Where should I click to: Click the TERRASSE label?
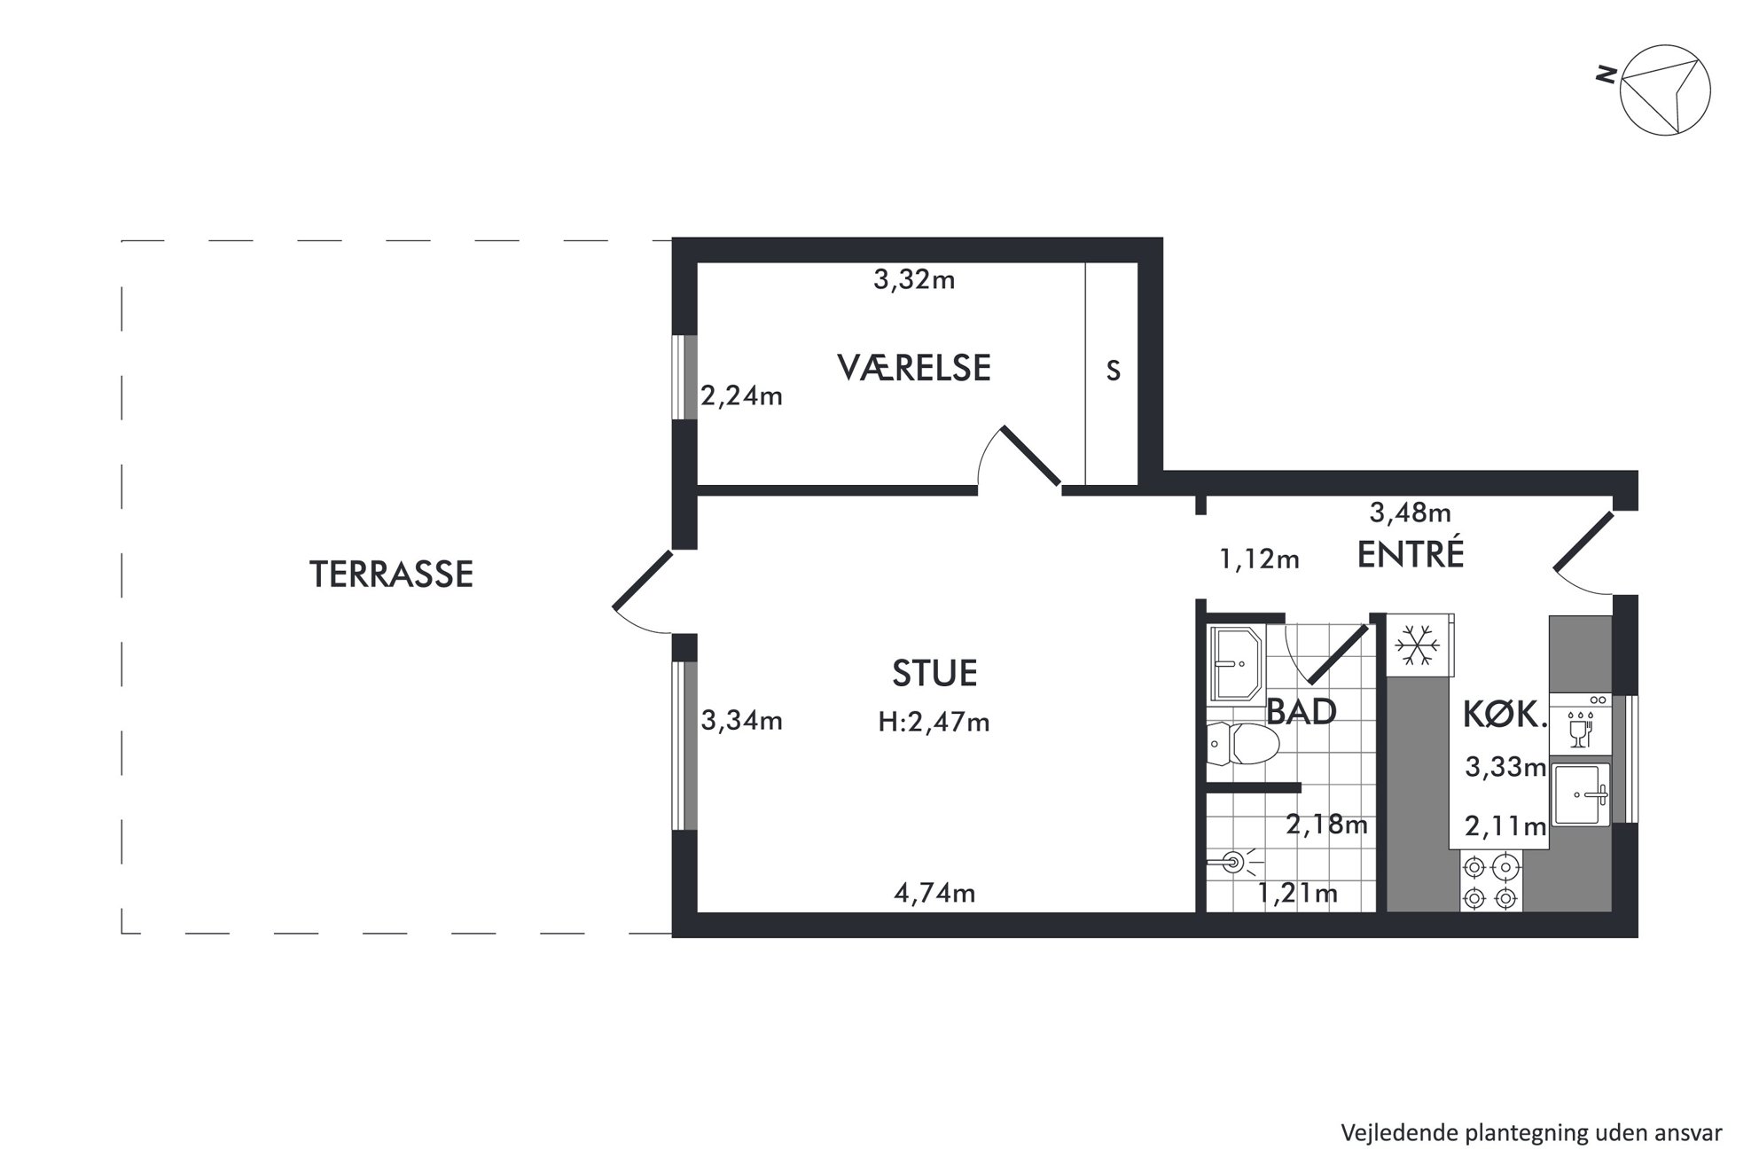pyautogui.click(x=391, y=575)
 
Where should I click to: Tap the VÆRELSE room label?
pyautogui.click(x=914, y=367)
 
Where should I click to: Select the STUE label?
pyautogui.click(x=934, y=674)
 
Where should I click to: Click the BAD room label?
pyautogui.click(x=1302, y=711)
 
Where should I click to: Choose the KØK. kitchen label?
pyautogui.click(x=1505, y=715)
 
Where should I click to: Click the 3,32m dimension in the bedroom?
pyautogui.click(x=914, y=280)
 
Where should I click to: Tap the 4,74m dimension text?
pyautogui.click(x=934, y=893)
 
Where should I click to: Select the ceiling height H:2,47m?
pyautogui.click(x=934, y=723)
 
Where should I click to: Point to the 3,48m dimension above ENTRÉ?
pyautogui.click(x=1411, y=512)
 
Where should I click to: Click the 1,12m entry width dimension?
pyautogui.click(x=1260, y=559)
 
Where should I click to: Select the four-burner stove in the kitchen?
pyautogui.click(x=1490, y=882)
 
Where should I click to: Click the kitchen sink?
pyautogui.click(x=1580, y=795)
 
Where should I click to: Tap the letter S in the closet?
pyautogui.click(x=1114, y=371)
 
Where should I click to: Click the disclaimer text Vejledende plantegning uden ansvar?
pyautogui.click(x=1531, y=1133)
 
